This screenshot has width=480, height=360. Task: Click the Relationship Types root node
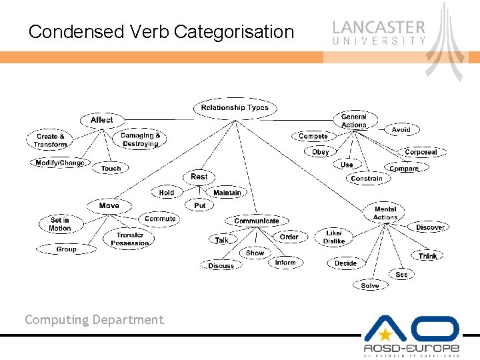tap(234, 107)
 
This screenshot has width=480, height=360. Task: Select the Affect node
tap(101, 120)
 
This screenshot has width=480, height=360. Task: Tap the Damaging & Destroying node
tap(140, 139)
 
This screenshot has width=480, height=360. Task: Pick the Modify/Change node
tap(59, 163)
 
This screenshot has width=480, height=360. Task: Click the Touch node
tap(111, 169)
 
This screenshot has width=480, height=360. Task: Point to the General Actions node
tap(353, 121)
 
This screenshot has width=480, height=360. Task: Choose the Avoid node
tap(401, 130)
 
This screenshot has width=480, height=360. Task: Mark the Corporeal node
tap(421, 152)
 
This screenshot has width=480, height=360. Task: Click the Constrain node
tap(366, 179)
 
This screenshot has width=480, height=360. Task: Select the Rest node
tap(199, 177)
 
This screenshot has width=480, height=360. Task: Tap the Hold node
tap(166, 193)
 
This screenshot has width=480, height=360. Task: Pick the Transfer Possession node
tap(129, 239)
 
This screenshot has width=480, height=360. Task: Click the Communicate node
tap(256, 221)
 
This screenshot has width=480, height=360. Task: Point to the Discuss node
tap(221, 265)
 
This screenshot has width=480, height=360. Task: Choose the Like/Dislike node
tap(334, 237)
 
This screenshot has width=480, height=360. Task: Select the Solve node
tap(369, 285)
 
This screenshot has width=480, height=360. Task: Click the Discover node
tap(429, 227)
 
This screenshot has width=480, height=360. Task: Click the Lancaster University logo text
tap(379, 32)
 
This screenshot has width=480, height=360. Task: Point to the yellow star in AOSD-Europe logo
tap(385, 334)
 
